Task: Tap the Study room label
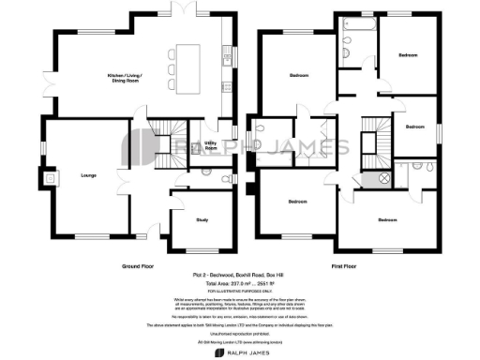click(x=201, y=220)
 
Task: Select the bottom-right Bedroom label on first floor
click(x=388, y=220)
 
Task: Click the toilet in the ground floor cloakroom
click(x=225, y=175)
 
